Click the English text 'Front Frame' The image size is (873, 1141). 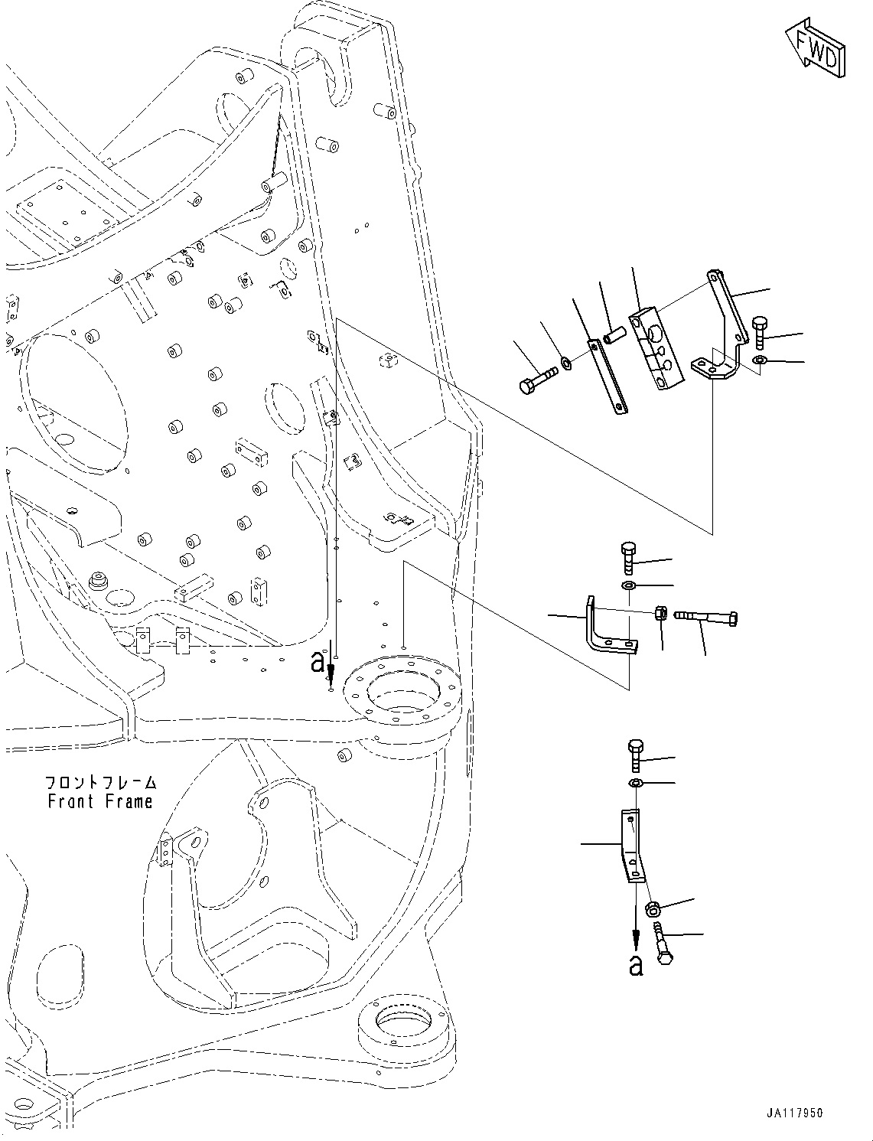coord(99,801)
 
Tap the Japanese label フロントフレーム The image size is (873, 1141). coord(100,782)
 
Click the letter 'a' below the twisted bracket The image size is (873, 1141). coord(635,966)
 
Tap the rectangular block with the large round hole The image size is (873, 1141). coord(656,348)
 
